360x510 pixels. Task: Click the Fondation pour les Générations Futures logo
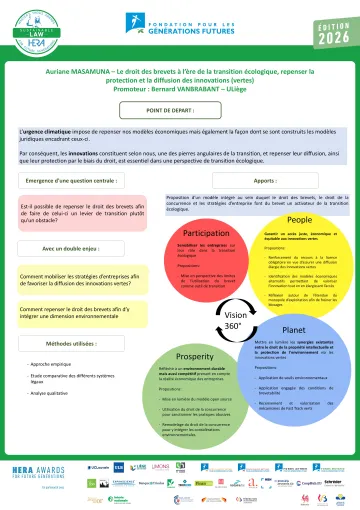click(x=180, y=23)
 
